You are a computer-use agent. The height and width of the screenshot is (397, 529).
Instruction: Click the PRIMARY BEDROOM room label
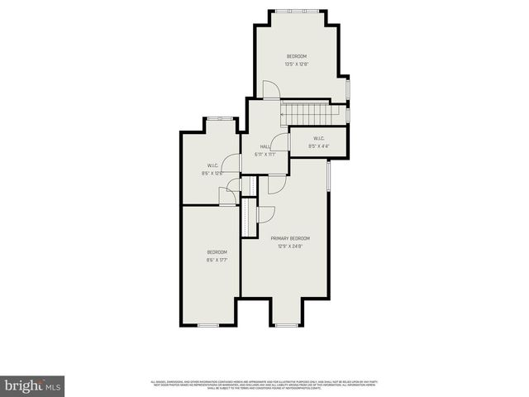coord(284,238)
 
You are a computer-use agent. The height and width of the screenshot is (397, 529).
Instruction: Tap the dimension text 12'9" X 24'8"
coord(284,246)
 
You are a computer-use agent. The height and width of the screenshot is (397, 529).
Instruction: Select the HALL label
coord(265,146)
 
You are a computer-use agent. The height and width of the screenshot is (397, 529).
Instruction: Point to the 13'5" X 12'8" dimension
coord(296,64)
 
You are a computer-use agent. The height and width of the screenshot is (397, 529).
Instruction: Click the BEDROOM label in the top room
coord(296,56)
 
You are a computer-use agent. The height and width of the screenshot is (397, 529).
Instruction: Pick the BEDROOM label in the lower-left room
coord(217,251)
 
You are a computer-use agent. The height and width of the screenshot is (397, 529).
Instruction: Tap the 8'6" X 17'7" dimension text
coord(217,259)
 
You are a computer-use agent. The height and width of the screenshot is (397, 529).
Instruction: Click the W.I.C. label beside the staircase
coord(318,138)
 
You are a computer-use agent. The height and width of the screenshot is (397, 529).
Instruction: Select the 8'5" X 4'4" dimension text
coord(318,146)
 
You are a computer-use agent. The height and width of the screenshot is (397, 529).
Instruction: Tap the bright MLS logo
coord(33,385)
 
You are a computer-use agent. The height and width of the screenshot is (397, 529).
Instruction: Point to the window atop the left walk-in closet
coord(220,119)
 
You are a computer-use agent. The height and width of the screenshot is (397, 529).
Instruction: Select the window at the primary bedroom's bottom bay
coord(285,325)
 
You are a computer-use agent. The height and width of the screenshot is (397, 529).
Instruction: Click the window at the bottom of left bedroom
coord(208,325)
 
